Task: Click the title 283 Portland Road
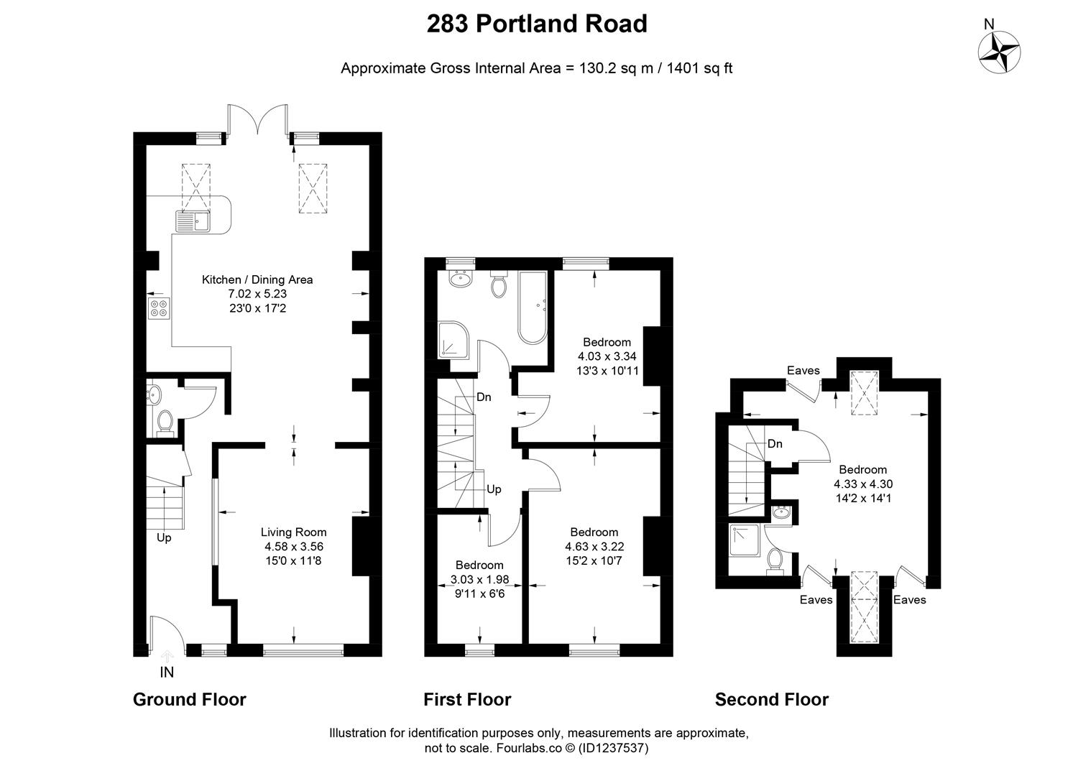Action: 536,24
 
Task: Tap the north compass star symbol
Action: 1000,52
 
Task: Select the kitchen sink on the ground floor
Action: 191,221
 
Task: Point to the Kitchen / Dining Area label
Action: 257,280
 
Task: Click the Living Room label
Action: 293,532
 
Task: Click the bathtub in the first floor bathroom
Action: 533,308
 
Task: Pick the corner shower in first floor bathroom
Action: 453,340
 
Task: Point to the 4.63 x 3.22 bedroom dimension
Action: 594,546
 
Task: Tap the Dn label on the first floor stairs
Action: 484,397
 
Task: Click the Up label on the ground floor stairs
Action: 164,537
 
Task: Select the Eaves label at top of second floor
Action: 803,371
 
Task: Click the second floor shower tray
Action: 746,540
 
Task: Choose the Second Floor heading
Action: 771,699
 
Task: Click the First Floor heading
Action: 467,699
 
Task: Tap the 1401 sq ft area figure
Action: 699,68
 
